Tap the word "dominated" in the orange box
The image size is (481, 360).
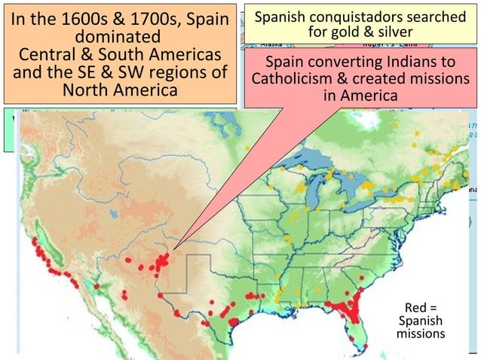(x=118, y=38)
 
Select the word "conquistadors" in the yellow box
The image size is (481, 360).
(x=357, y=17)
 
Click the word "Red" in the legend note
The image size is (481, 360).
(x=415, y=307)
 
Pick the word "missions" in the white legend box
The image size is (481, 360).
(x=421, y=333)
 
